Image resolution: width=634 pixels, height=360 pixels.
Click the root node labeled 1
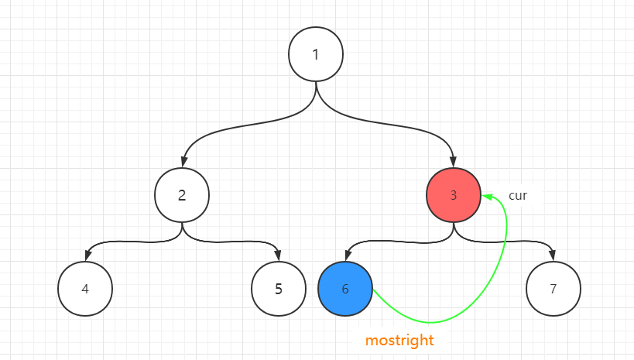316,54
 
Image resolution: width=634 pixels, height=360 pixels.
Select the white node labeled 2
182,195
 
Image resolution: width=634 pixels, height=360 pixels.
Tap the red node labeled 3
454,195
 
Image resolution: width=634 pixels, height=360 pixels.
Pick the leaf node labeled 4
85,289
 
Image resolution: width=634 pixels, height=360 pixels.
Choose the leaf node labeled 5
279,289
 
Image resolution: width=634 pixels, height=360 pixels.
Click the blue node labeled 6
345,289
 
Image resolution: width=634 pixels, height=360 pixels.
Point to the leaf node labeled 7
553,289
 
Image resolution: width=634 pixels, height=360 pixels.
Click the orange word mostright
399,340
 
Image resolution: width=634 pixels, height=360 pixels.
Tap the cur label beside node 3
518,195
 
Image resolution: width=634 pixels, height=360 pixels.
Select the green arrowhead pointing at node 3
487,197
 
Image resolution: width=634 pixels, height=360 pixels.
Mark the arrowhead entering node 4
86,256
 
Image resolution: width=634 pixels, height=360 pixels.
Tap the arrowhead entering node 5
278,256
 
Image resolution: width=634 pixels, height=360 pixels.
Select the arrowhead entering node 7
553,256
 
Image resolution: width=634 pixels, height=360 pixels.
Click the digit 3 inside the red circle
454,195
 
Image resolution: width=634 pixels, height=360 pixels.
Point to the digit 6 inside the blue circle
345,289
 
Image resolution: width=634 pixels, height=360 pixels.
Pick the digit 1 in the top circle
316,54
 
